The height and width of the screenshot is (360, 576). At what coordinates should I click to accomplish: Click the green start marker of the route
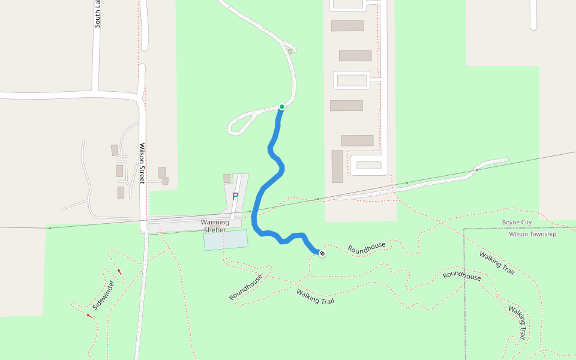281,107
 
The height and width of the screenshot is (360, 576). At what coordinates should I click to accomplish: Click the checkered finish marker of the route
322,254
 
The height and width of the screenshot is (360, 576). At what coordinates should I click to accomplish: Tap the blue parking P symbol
235,196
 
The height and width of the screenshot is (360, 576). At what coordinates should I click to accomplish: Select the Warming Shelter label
215,226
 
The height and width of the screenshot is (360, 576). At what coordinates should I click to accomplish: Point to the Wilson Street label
142,163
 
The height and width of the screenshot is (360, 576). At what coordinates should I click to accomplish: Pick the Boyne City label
517,223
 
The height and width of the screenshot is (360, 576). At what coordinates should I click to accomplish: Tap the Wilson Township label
532,234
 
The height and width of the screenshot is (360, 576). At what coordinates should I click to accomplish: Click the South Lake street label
97,14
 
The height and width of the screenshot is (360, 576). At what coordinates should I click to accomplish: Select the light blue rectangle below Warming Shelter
226,239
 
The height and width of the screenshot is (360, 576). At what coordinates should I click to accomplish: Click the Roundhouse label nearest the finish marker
366,248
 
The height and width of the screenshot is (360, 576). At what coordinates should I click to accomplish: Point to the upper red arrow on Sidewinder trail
119,272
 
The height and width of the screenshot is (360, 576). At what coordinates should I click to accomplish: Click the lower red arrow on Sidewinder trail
89,316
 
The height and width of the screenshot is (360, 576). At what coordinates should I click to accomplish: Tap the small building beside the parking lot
227,178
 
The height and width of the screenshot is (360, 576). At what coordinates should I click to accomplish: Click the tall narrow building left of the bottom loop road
337,166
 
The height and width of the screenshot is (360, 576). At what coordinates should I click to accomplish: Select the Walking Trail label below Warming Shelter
315,297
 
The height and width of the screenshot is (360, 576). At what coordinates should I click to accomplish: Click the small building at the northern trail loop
290,52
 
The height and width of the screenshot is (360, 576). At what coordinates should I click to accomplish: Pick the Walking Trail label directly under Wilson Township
496,263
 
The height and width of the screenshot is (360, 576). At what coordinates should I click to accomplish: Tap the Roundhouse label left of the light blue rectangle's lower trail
246,287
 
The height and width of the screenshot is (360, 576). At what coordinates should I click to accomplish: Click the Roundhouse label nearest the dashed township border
461,277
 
